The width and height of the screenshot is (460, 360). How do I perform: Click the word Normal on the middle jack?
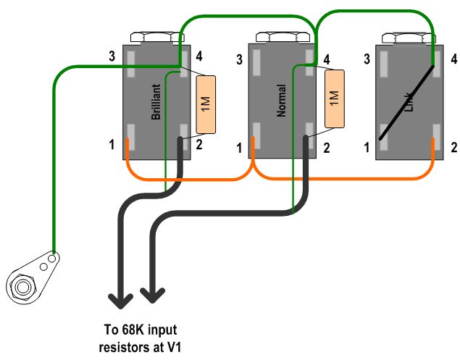coord(283,101)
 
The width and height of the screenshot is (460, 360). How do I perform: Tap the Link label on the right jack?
coord(409,102)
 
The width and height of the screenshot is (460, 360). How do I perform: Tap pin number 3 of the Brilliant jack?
coord(112,56)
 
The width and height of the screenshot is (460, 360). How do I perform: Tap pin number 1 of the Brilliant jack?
coord(112,145)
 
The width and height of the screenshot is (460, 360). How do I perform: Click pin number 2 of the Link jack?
coord(453,148)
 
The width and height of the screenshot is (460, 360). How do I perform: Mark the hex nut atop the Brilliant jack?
coord(154,37)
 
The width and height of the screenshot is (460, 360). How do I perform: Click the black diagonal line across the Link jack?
coord(408,102)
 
